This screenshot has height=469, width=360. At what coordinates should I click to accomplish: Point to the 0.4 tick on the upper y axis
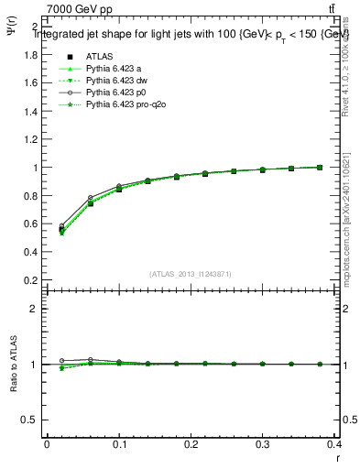tap(29, 253)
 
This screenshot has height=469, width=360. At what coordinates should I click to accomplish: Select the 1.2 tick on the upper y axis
tap(29, 139)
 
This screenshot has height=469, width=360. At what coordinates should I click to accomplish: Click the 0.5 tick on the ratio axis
tap(29, 420)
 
